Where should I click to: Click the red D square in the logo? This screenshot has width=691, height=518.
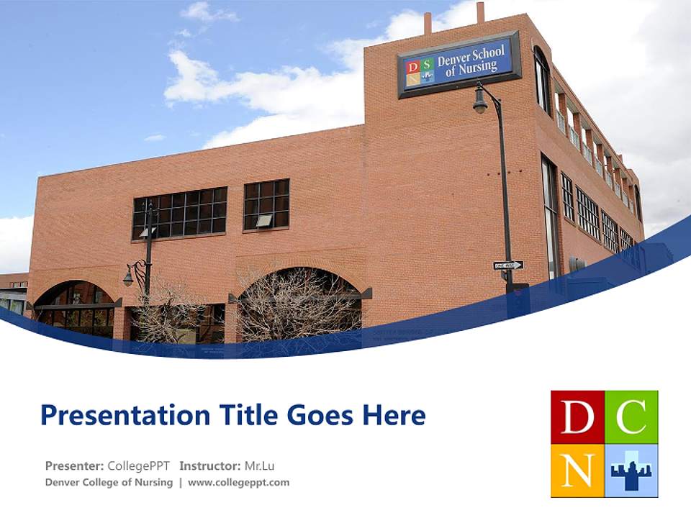click(x=577, y=417)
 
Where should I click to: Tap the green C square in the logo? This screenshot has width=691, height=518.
click(x=631, y=417)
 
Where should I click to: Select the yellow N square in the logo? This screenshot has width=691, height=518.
click(x=577, y=471)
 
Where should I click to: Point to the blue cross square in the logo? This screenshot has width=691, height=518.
click(x=631, y=471)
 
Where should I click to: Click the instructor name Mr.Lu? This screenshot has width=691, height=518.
click(x=260, y=465)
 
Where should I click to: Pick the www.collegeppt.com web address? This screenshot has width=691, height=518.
click(x=238, y=483)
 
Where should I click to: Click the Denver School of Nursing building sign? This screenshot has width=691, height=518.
click(x=459, y=65)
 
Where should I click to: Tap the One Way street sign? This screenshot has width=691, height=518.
click(x=508, y=265)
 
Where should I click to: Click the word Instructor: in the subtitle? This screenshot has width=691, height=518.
click(x=209, y=465)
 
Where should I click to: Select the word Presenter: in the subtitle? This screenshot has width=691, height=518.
click(x=74, y=465)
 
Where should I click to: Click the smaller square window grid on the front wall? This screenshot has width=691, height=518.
click(x=266, y=205)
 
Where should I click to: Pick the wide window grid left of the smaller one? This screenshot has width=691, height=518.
click(x=179, y=213)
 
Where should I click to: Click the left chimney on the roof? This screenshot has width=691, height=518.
click(x=428, y=22)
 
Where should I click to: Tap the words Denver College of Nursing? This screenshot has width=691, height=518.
click(x=109, y=483)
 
